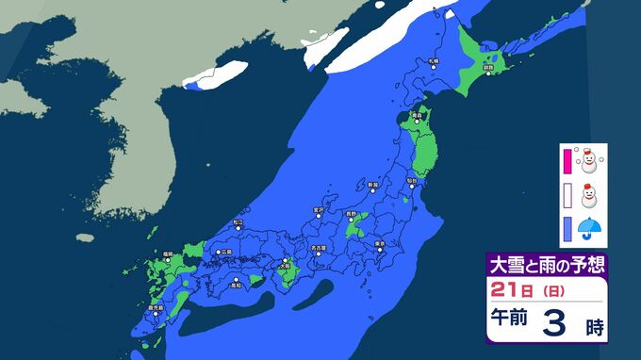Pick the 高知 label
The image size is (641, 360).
point(238,283)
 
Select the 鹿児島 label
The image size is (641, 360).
point(154,306)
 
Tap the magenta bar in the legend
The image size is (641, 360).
point(567,160)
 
